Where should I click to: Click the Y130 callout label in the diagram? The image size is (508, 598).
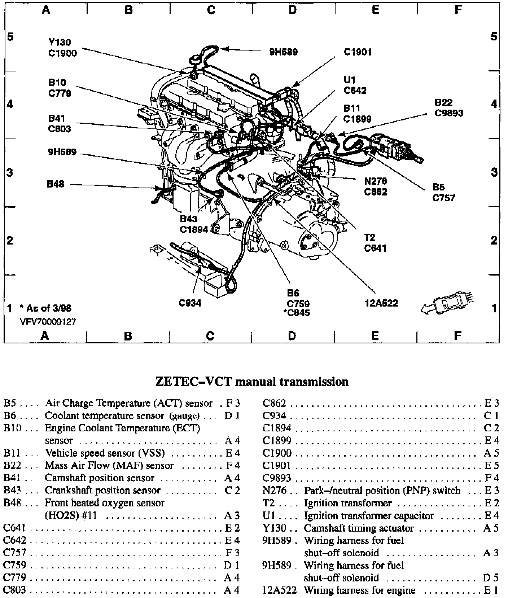[x=60, y=43]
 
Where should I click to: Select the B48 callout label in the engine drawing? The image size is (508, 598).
[x=55, y=184]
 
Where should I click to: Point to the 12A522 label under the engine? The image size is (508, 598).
[x=381, y=303]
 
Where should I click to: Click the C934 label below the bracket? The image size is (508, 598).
[x=190, y=303]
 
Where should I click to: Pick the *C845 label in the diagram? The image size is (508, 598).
[x=297, y=313]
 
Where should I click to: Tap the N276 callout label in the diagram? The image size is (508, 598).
[x=376, y=181]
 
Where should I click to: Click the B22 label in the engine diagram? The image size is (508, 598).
[x=443, y=103]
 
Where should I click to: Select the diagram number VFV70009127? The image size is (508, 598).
[x=48, y=321]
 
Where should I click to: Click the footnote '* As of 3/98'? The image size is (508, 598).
[x=45, y=308]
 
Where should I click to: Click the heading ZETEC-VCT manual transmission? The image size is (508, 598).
[x=252, y=382]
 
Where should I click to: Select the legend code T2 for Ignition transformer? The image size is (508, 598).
[x=269, y=503]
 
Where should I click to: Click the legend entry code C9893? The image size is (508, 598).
[x=276, y=478]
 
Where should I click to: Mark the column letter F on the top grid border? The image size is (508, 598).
[x=458, y=10]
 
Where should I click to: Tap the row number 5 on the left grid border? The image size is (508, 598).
[x=10, y=36]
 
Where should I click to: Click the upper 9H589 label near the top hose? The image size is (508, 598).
[x=283, y=52]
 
